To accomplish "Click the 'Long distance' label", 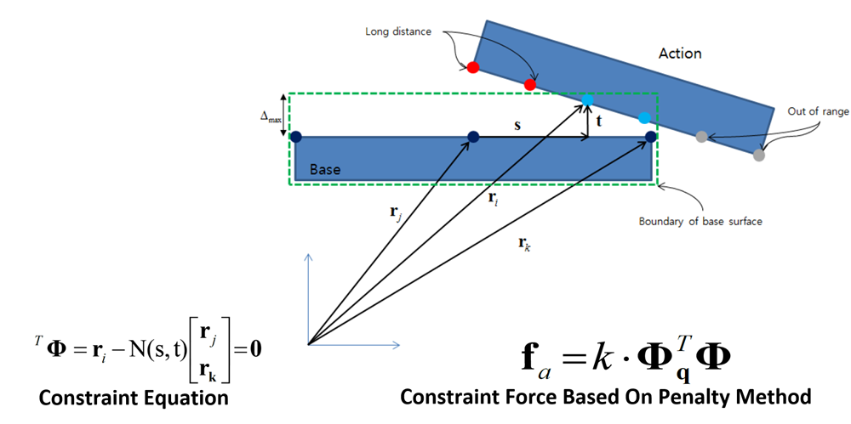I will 398,32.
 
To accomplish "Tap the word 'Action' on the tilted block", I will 680,53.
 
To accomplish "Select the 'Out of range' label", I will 816,111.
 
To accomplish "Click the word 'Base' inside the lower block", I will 325,169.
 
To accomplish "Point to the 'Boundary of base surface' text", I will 700,222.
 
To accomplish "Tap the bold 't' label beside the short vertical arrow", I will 599,121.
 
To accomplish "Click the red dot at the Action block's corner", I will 473,67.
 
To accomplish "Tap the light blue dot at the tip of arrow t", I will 587,100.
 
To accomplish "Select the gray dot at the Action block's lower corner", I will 759,155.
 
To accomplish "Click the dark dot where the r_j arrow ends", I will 473,136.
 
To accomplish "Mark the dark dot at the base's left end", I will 295,136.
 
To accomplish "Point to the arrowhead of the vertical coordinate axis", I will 309,256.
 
